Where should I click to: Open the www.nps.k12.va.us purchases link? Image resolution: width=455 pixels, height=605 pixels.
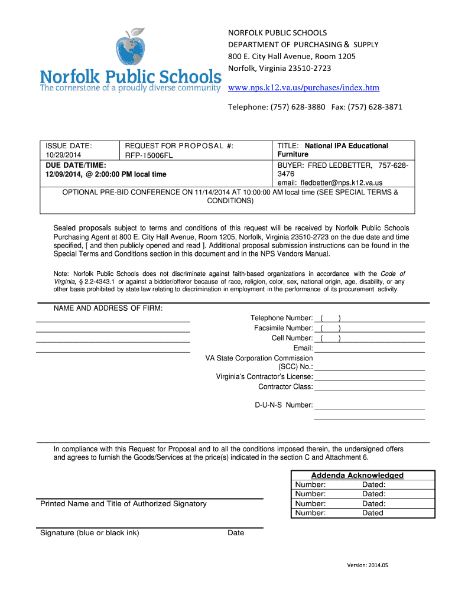click(304, 88)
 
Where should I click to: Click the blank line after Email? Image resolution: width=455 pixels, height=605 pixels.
click(369, 349)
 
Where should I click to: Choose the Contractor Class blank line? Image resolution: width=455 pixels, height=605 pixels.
click(369, 387)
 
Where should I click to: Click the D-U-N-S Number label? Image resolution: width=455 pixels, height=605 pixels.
click(284, 405)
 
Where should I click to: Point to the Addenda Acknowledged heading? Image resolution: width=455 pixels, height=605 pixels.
click(357, 475)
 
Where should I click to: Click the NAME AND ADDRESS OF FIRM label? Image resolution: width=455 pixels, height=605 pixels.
click(108, 308)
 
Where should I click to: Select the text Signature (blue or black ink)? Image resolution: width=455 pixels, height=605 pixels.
click(90, 533)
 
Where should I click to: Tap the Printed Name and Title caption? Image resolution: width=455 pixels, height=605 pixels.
click(123, 504)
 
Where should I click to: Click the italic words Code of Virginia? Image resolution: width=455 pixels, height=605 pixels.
click(392, 274)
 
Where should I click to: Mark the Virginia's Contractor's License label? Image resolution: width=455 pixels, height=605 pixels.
click(264, 377)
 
